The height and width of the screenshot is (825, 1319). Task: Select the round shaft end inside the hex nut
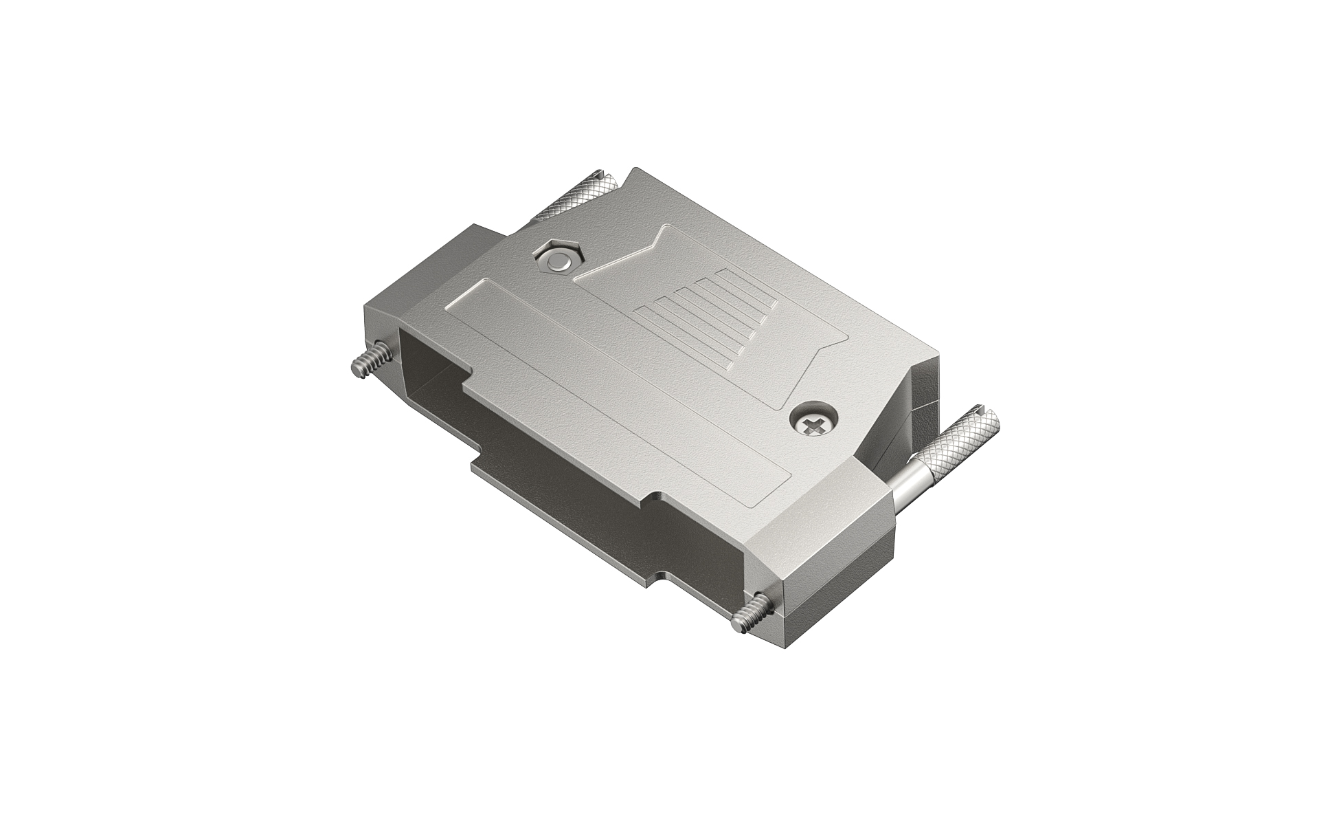pos(558,260)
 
